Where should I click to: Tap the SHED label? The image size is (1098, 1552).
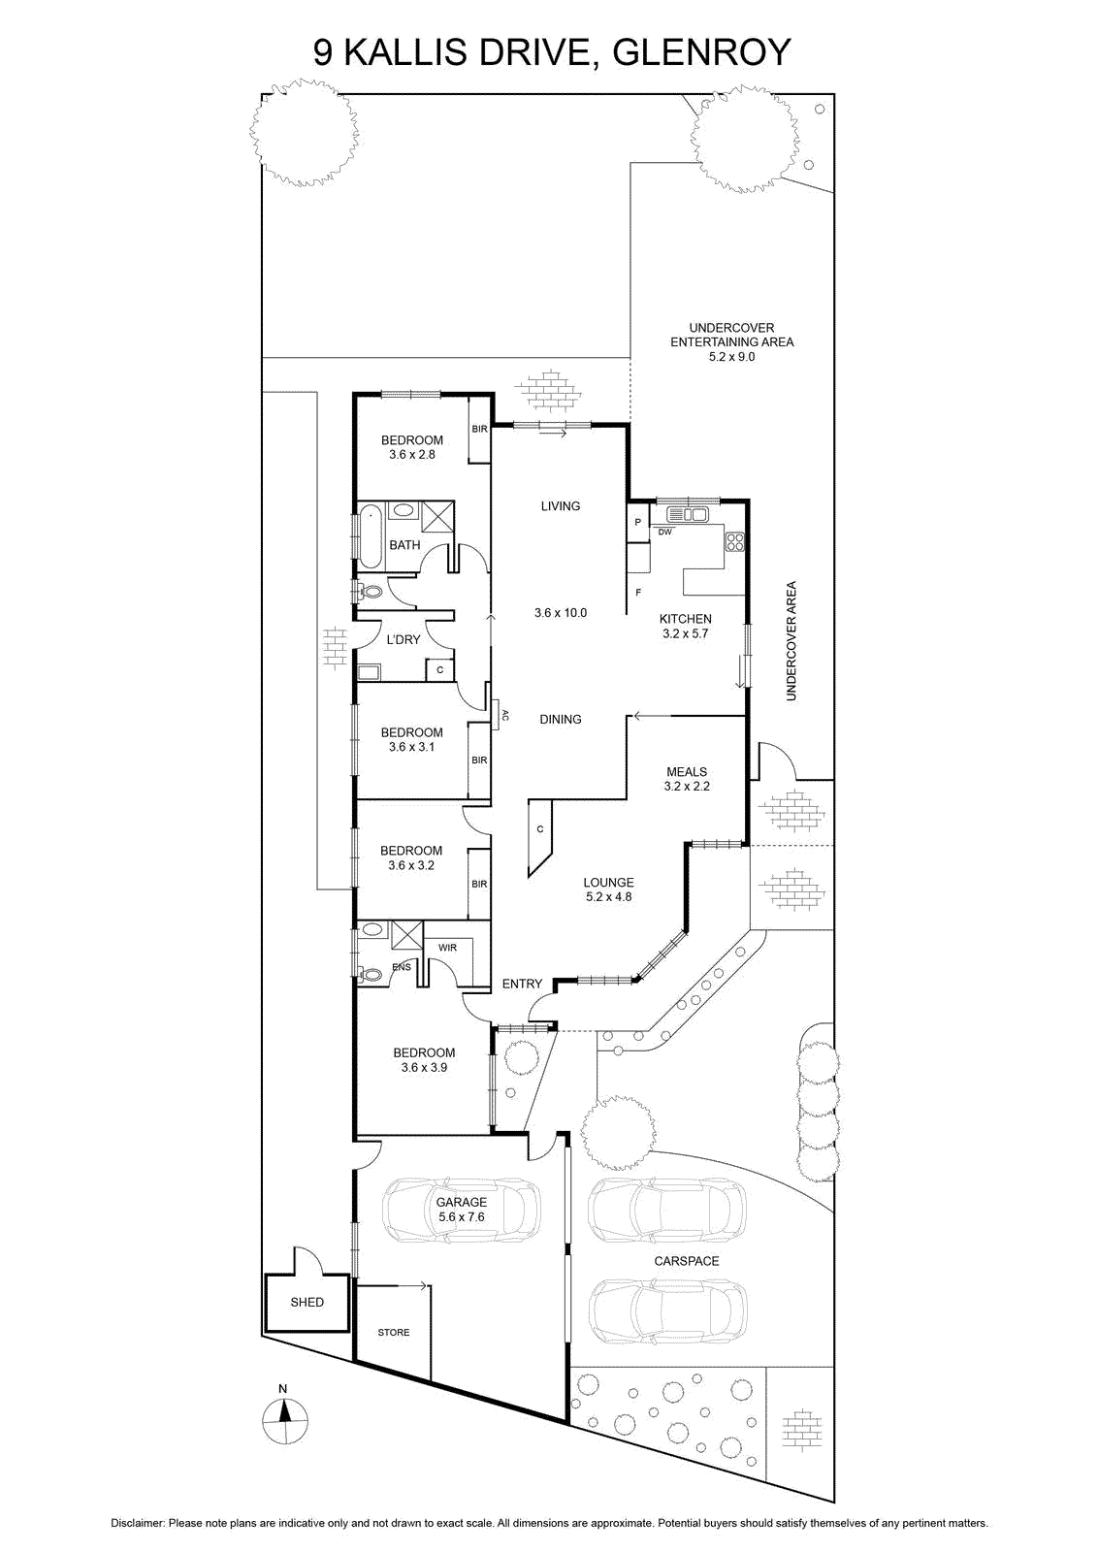[307, 1302]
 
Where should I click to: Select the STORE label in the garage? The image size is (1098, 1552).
[394, 1333]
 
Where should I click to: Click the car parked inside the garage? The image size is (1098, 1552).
[462, 1210]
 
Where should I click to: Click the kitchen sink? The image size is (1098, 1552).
[687, 514]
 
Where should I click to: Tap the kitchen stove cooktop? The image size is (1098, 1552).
[734, 541]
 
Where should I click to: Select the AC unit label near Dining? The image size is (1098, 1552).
[505, 715]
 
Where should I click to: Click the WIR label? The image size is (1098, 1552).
[447, 948]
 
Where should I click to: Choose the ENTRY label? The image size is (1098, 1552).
[523, 984]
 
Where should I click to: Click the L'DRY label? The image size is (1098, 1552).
[404, 639]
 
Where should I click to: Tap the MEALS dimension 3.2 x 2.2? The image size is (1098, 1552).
[687, 787]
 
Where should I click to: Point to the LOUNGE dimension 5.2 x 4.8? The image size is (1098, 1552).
[609, 896]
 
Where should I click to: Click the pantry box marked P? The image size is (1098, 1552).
[638, 523]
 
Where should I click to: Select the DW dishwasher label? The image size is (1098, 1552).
[664, 533]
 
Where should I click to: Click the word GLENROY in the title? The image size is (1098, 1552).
[701, 52]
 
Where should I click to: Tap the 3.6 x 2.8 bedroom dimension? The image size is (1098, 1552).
[412, 455]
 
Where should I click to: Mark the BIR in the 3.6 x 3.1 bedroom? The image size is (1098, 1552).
[479, 760]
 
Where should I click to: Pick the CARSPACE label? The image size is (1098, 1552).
[687, 1261]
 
